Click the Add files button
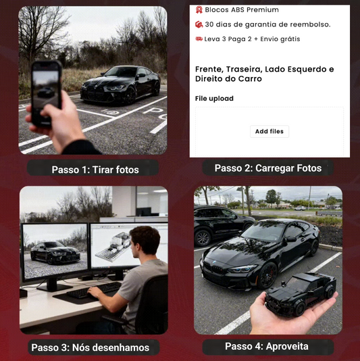(x=269, y=131)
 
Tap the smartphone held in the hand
(x=47, y=94)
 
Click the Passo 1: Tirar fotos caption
(x=95, y=170)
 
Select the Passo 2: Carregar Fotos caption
(x=268, y=168)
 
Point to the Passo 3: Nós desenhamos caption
(x=91, y=347)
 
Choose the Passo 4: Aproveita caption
(x=267, y=346)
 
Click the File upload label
(x=214, y=99)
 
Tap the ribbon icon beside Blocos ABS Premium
(x=199, y=9)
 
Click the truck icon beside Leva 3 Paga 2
(x=199, y=39)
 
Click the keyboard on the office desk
(x=94, y=290)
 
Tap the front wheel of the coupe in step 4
(x=267, y=275)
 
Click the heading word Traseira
(x=243, y=69)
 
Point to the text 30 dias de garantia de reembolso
(x=267, y=24)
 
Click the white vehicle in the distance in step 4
(x=300, y=208)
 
